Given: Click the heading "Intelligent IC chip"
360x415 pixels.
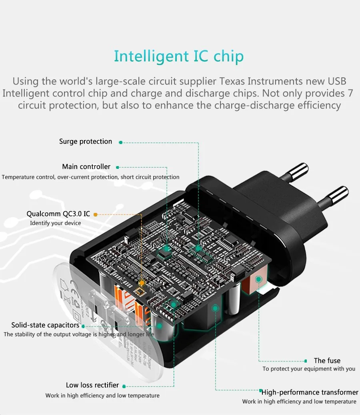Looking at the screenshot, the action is point(178,56).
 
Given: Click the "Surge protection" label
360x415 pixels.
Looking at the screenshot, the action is point(86,142).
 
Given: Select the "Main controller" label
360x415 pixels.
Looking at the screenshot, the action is point(86,167).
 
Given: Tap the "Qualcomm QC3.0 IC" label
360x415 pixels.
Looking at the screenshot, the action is point(58,214).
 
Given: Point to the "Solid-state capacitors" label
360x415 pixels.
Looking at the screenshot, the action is point(45,325).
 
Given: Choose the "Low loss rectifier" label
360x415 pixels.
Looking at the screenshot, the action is point(92,385).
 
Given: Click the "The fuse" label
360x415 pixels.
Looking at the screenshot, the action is point(327,361).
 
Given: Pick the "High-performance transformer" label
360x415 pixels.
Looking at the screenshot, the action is point(310,393).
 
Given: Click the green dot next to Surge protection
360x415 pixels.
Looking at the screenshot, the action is point(120,142).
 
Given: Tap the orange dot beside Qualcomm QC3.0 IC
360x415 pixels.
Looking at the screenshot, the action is point(95,215).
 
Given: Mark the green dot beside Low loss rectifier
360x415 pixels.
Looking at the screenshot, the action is point(124,386).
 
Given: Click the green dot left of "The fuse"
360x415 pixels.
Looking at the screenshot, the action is point(306,361).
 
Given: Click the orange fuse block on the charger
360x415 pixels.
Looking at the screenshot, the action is point(253,285).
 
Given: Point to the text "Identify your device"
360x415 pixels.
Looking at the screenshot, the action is point(55,223).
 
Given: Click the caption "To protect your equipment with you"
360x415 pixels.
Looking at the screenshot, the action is point(309,369).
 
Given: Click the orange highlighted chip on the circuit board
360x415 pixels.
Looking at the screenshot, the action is point(140,283).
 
